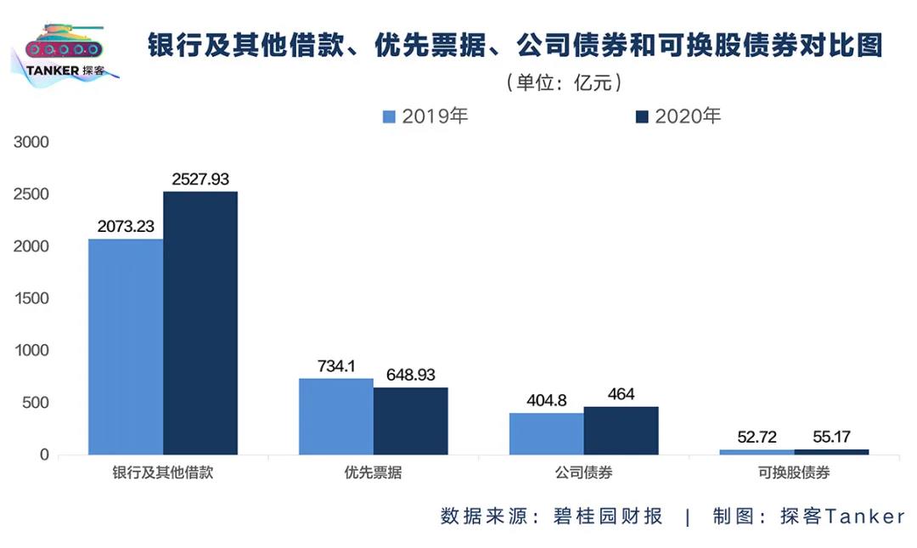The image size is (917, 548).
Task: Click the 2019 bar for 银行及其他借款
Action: [126, 347]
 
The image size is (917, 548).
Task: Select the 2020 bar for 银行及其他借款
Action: [200, 323]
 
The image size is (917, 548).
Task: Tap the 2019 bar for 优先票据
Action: [336, 416]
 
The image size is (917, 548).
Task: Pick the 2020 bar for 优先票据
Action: [411, 421]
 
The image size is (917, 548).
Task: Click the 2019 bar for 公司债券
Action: [547, 433]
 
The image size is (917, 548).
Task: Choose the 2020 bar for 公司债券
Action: [622, 430]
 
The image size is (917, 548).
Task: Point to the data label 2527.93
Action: [200, 179]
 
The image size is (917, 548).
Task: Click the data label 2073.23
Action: [126, 227]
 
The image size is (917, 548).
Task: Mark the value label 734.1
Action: [336, 366]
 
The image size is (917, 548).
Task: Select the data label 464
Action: [622, 394]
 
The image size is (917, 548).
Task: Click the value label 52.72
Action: [757, 438]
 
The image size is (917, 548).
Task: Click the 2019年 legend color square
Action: [390, 116]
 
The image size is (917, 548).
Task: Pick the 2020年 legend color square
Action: [642, 116]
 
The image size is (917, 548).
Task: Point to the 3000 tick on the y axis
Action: [32, 143]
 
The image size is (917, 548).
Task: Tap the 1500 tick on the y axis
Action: [32, 298]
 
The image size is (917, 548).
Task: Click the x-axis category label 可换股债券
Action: [795, 473]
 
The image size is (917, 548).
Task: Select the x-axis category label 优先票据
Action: [374, 473]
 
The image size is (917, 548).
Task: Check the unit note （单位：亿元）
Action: [566, 82]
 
